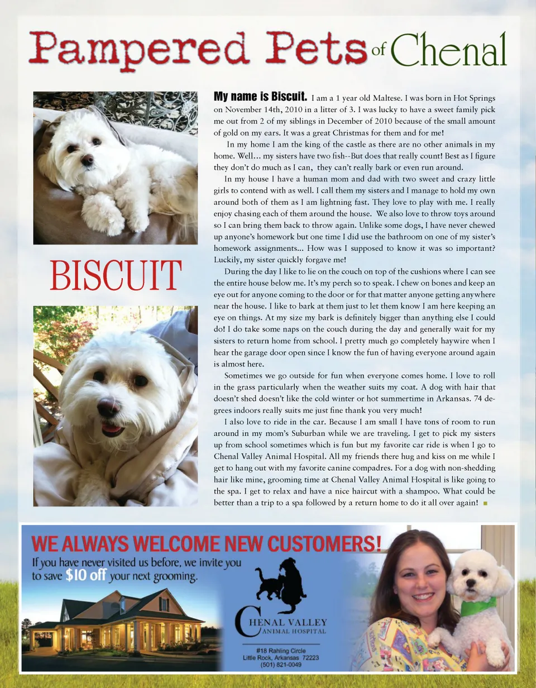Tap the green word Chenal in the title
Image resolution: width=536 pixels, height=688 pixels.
(x=448, y=49)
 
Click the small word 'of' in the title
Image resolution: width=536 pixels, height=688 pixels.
(x=379, y=51)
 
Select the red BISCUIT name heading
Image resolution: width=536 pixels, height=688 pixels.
(x=116, y=275)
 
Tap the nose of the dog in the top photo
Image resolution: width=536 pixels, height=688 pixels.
(x=87, y=160)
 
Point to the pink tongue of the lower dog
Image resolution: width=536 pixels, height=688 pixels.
(x=113, y=429)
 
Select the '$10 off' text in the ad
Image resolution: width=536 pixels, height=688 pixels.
(x=85, y=576)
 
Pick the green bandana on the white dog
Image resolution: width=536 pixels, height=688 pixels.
(x=478, y=605)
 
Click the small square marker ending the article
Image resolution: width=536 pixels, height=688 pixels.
(x=485, y=504)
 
